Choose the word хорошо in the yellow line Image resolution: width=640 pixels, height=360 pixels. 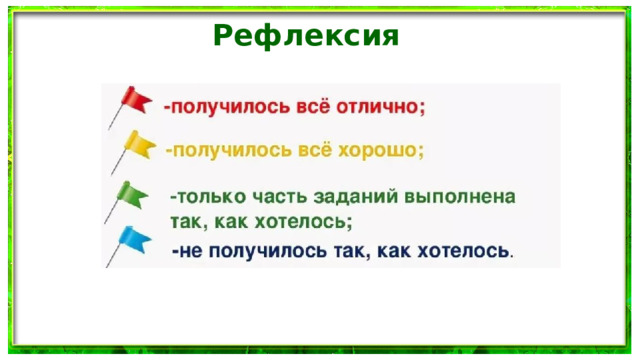tap(386, 150)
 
